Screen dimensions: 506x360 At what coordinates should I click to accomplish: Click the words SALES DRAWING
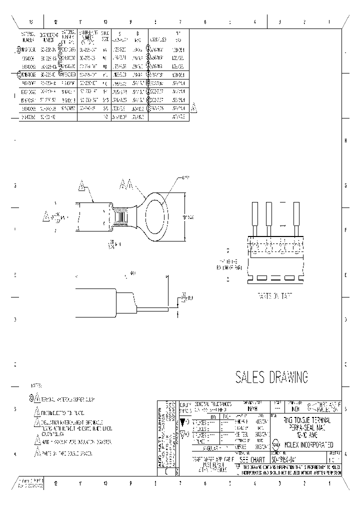(x=271, y=377)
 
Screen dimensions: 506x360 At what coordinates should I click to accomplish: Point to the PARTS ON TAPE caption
(x=274, y=295)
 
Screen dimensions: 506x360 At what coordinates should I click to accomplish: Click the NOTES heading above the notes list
(x=36, y=386)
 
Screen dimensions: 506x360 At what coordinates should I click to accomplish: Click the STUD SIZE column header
(x=105, y=36)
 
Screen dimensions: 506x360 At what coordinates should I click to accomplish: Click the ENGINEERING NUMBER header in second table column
(x=48, y=36)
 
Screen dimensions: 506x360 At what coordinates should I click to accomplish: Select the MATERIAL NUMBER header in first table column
(x=27, y=36)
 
